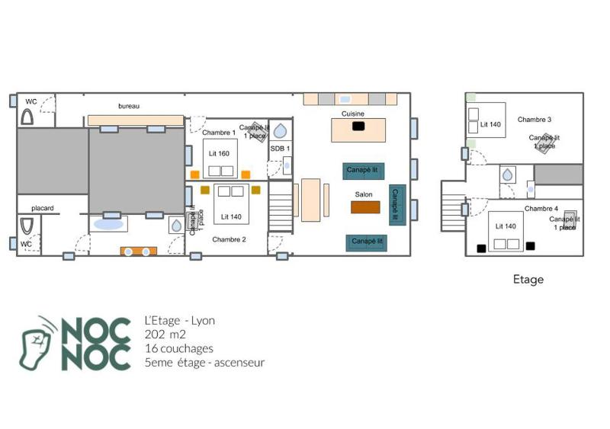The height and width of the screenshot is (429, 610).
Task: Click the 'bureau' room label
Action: click(129, 106)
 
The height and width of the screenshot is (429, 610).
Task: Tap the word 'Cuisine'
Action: click(352, 114)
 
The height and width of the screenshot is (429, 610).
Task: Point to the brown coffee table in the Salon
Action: click(364, 206)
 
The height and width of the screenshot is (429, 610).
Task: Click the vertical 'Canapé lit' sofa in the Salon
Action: click(395, 205)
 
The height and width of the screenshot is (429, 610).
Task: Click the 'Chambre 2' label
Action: click(229, 239)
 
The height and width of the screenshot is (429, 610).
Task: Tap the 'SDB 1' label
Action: click(280, 148)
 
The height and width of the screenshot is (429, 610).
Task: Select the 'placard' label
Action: click(42, 208)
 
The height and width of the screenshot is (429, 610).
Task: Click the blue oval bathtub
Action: click(107, 225)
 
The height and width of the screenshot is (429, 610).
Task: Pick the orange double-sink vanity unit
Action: click(138, 251)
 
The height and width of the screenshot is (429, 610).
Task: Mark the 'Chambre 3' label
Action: click(535, 120)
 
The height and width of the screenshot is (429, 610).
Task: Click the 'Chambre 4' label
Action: click(541, 209)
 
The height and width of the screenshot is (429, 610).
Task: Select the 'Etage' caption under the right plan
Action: click(528, 280)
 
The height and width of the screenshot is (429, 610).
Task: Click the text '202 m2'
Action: click(165, 335)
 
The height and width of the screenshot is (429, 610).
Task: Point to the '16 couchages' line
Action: click(178, 348)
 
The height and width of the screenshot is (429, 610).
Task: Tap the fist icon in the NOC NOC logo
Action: click(37, 343)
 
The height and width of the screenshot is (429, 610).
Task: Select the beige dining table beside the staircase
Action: click(310, 200)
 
